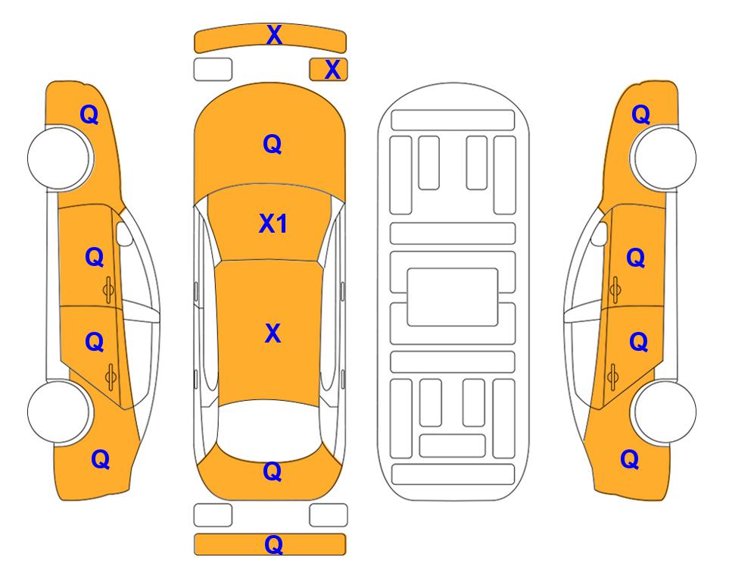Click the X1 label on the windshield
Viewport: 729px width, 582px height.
tap(273, 224)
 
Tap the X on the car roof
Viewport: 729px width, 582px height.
tap(273, 333)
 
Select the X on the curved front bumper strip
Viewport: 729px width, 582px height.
tap(274, 34)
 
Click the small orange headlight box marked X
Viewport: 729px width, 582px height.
tap(329, 70)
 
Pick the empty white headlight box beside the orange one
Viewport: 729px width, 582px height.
tap(213, 70)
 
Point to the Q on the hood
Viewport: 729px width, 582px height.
tap(273, 144)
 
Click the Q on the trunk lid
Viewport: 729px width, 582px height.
tap(273, 471)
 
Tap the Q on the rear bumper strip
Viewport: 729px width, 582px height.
tap(273, 544)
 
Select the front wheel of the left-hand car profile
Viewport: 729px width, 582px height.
tap(60, 158)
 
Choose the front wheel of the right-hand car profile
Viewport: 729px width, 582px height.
tap(663, 158)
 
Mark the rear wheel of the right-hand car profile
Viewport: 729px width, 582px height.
tap(664, 411)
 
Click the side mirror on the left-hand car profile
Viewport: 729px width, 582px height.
tap(124, 233)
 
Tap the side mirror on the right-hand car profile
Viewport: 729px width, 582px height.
tap(599, 233)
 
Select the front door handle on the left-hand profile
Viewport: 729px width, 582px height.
tap(108, 289)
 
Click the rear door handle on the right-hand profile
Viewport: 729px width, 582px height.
tap(613, 377)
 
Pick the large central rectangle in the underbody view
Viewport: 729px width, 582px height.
tap(453, 297)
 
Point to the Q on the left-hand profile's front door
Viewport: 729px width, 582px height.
tap(95, 257)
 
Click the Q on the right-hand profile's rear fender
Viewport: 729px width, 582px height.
tap(630, 459)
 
